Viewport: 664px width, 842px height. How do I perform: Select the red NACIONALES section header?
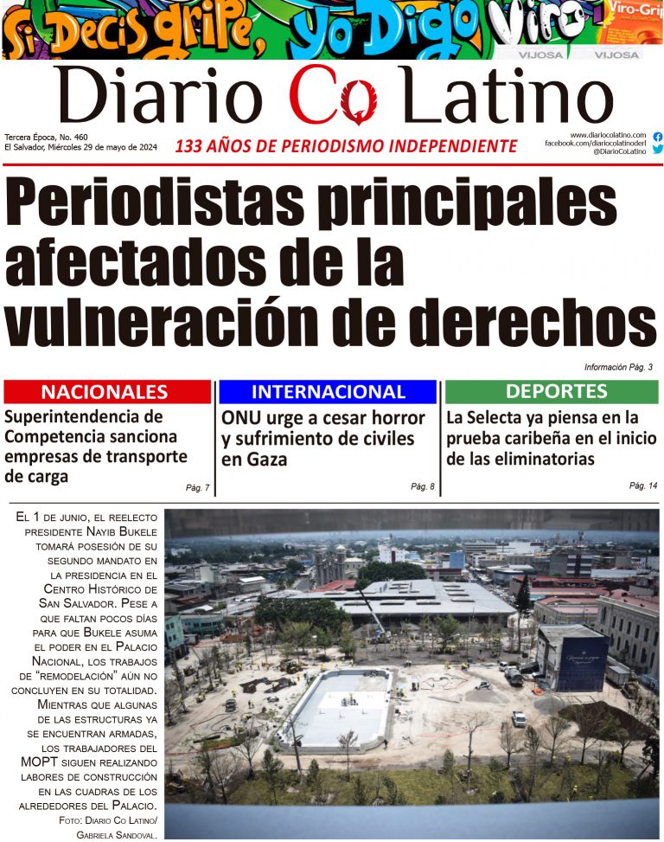[106, 391]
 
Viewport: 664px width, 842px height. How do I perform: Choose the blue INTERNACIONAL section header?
[328, 391]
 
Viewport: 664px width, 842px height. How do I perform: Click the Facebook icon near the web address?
[658, 137]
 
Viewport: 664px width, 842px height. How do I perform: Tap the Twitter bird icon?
[658, 149]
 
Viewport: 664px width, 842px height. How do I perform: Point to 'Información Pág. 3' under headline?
[617, 367]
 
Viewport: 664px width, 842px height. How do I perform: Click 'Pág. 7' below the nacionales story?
[197, 488]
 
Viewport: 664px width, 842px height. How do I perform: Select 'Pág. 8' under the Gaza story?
[423, 487]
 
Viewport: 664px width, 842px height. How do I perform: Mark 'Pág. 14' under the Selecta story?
[642, 485]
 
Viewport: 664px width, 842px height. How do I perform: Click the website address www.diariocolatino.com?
[608, 135]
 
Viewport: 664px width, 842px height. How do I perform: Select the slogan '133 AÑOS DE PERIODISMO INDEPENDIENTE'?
[346, 146]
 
